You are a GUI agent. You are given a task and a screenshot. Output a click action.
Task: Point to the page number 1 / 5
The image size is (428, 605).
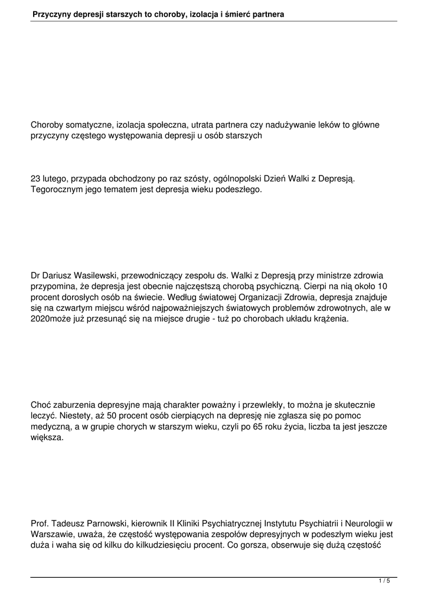pos(384,581)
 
